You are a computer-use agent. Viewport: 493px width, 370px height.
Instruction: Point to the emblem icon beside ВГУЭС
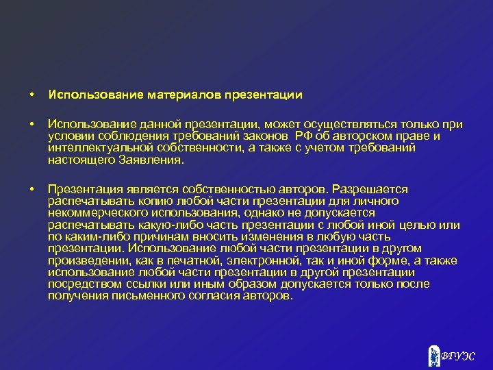(x=433, y=354)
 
